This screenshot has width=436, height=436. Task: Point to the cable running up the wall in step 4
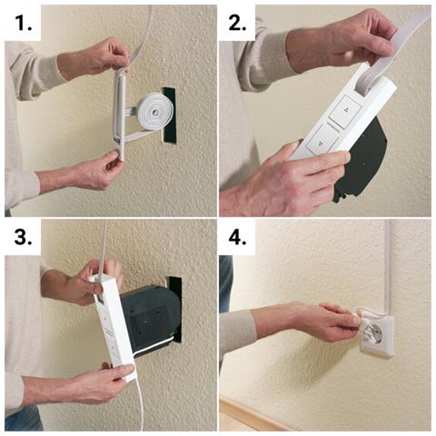(388, 263)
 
